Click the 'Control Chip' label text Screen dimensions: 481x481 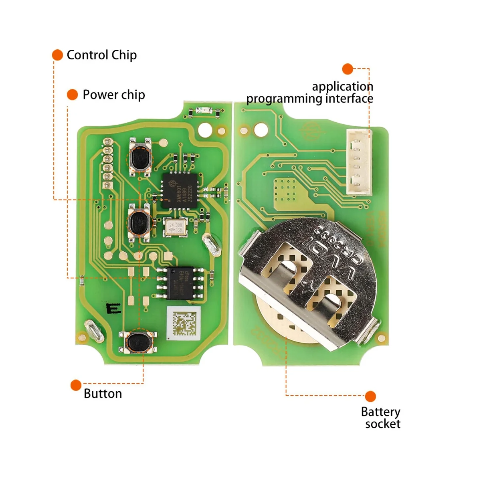[101, 55]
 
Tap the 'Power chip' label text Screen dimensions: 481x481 [113, 95]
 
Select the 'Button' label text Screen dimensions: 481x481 [103, 394]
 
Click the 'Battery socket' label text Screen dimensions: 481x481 [380, 418]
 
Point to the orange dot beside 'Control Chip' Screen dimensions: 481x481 [58, 55]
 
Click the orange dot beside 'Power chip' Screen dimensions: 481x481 [72, 95]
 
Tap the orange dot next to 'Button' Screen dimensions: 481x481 [76, 385]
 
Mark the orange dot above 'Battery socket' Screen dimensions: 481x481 [370, 396]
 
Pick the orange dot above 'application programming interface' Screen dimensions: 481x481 [348, 69]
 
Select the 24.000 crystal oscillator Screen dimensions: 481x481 [175, 227]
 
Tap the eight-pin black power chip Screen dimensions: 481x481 [180, 283]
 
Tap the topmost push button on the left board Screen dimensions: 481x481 [139, 157]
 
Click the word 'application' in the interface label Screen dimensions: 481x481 [342, 87]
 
